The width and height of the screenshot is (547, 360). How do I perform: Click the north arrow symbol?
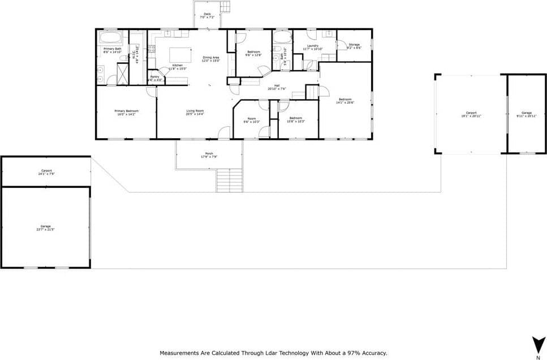(536, 344)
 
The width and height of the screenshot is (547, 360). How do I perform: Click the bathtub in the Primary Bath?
(111, 38)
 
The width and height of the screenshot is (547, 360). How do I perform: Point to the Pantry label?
(154, 76)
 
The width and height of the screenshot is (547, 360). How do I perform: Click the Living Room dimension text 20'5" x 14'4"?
(195, 114)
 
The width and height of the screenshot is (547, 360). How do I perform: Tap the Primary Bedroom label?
(126, 111)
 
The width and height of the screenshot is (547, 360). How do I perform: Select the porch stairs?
(229, 181)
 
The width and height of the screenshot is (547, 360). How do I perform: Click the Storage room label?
(354, 44)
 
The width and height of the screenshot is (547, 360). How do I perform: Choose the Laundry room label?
(313, 46)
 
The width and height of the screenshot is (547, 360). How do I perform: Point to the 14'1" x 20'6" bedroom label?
(345, 100)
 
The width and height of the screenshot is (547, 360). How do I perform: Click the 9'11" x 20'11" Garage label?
(527, 113)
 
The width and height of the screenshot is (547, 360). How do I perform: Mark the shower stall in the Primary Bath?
(123, 74)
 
